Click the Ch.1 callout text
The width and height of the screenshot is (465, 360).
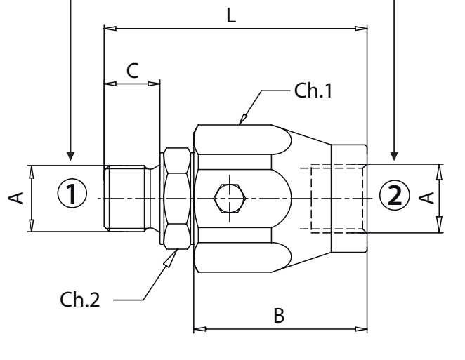[x=313, y=91]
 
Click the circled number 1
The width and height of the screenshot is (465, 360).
[x=74, y=192]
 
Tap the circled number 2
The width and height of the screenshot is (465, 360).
[x=394, y=193]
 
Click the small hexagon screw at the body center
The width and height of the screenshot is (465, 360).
[x=230, y=199]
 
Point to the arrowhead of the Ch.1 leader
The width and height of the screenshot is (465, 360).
[x=243, y=120]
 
